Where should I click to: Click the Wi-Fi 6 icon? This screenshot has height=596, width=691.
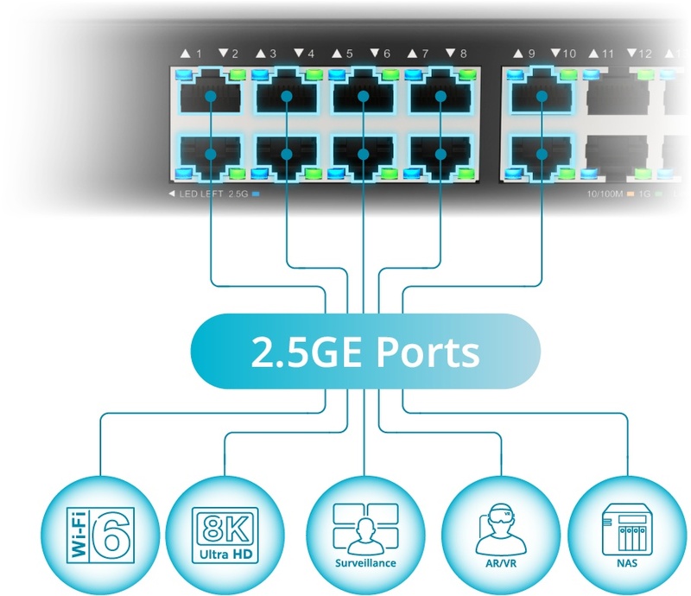tap(100, 535)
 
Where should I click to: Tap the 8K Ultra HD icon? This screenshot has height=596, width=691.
tap(225, 535)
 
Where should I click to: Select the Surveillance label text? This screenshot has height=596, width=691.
tap(365, 563)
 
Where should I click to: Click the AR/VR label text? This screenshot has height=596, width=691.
tap(501, 563)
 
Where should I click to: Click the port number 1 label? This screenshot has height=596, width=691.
tap(200, 54)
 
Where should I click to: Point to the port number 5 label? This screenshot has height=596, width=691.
tap(350, 54)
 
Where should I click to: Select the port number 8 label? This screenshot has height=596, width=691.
tap(463, 54)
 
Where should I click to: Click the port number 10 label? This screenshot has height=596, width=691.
tap(569, 54)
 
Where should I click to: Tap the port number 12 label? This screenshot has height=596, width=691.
tap(645, 54)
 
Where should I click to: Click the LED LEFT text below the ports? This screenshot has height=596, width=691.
tap(201, 193)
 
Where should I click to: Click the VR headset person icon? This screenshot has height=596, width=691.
tap(501, 529)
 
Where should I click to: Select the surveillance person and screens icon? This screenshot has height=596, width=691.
tap(365, 529)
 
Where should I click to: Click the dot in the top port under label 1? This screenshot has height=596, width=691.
tap(211, 96)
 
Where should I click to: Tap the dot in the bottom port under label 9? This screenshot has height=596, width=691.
tap(542, 154)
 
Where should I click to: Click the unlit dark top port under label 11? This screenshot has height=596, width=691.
tap(617, 96)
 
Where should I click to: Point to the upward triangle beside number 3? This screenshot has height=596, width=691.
tap(261, 54)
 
